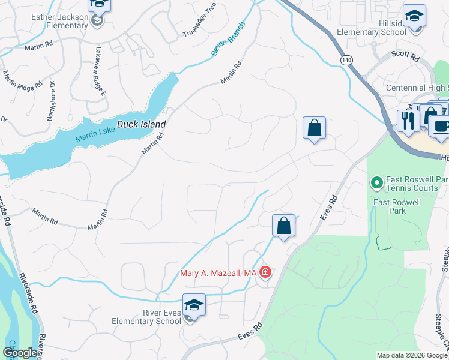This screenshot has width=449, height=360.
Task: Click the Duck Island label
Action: point(140,124)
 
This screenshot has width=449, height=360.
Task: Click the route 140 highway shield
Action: point(346,60)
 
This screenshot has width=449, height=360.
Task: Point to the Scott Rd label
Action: point(405,56)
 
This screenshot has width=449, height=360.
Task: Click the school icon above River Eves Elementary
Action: point(194,305)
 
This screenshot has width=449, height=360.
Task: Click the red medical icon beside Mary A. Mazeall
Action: point(265,274)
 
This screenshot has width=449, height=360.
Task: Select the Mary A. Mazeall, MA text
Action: point(218,274)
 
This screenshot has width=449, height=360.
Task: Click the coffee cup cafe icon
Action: point(440,127)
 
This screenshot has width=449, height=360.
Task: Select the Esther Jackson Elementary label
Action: point(60,21)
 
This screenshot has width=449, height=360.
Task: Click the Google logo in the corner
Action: point(20,352)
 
